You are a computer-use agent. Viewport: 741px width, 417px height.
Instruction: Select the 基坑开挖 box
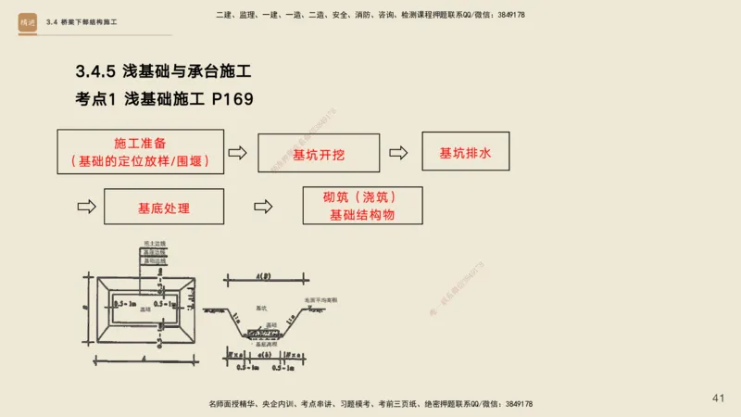(319, 154)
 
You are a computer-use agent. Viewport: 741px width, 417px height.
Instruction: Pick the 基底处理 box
(164, 207)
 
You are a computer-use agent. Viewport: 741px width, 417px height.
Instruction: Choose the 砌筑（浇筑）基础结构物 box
(362, 206)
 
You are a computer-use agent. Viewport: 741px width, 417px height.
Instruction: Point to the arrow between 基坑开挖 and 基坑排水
(398, 153)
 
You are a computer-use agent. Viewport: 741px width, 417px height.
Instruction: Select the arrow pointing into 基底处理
(86, 207)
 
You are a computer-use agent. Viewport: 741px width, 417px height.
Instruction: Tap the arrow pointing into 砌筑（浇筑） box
(264, 207)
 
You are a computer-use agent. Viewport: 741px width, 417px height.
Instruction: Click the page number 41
(718, 398)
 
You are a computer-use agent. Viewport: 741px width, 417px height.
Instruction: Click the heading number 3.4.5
(96, 70)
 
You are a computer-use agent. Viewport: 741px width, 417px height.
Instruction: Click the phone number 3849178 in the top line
(506, 15)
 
